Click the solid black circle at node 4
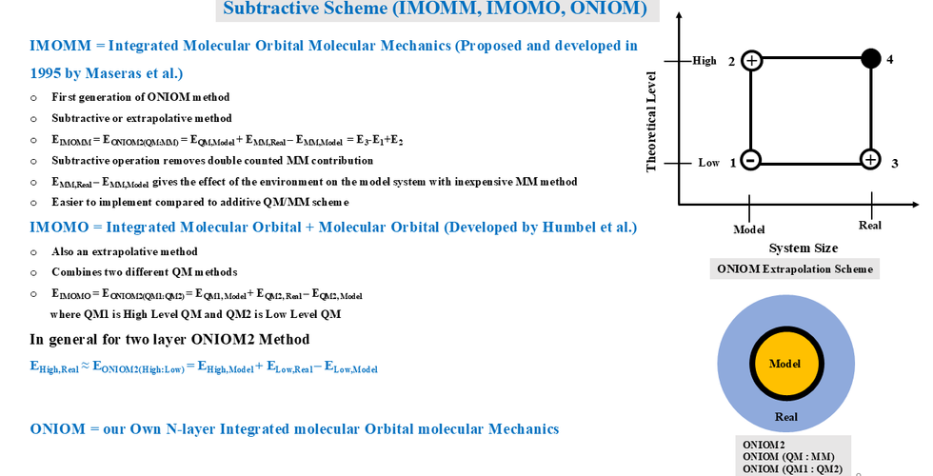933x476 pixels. (x=870, y=59)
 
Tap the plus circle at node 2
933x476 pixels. (x=751, y=61)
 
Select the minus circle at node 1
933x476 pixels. (x=750, y=160)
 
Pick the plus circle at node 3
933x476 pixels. (x=869, y=160)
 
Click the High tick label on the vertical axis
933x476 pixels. (x=705, y=61)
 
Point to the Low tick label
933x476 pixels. (x=708, y=163)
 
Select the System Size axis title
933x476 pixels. (x=804, y=248)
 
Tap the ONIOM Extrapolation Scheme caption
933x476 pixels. (x=795, y=269)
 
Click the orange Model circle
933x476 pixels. (x=784, y=365)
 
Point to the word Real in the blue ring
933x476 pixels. (x=785, y=417)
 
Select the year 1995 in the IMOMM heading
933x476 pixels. (x=50, y=72)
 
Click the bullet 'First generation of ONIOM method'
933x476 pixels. (x=140, y=96)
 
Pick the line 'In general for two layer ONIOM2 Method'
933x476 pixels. (x=169, y=339)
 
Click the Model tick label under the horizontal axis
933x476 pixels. (x=749, y=229)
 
